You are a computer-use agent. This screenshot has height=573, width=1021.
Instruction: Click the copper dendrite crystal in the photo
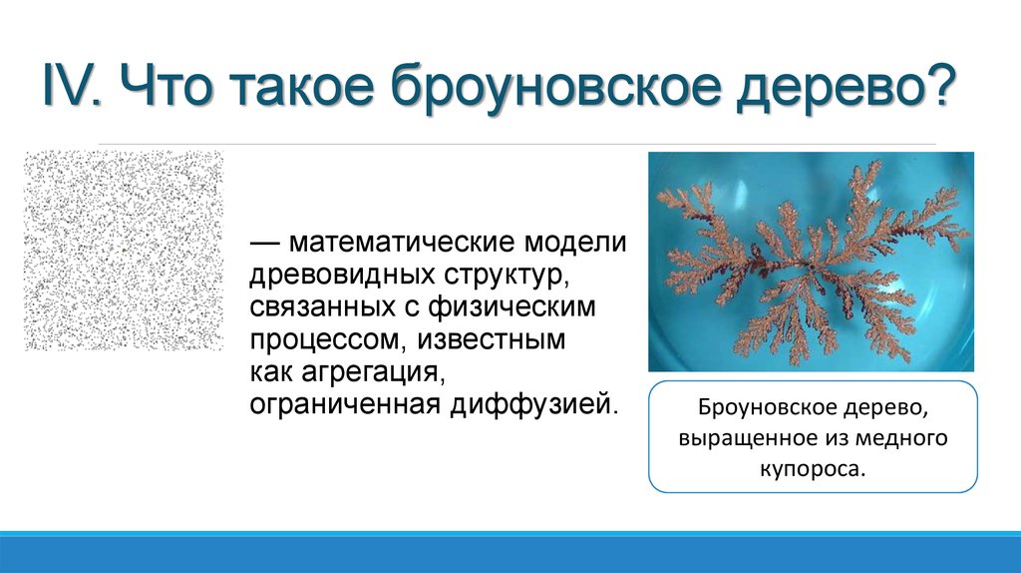click(808, 260)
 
